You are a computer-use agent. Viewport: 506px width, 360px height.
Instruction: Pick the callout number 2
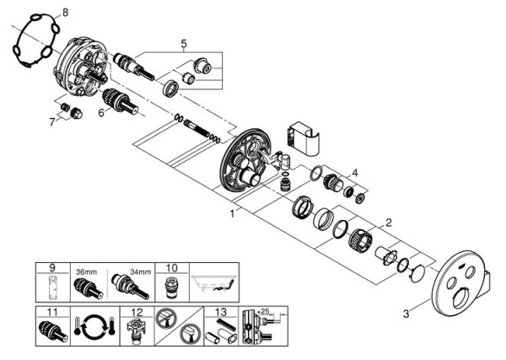pos(389,223)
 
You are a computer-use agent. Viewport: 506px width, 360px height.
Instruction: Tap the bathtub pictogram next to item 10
pos(216,285)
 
